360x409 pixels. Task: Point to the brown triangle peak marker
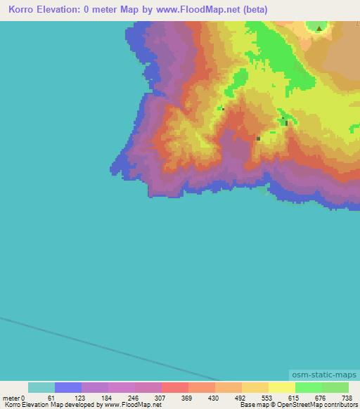pyautogui.click(x=320, y=29)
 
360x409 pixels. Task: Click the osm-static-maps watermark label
pyautogui.click(x=323, y=376)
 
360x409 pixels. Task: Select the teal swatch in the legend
pyautogui.click(x=41, y=388)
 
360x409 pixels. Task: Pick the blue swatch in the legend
pyautogui.click(x=68, y=388)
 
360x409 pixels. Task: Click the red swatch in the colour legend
pyautogui.click(x=175, y=388)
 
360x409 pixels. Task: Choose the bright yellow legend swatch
pyautogui.click(x=282, y=388)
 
